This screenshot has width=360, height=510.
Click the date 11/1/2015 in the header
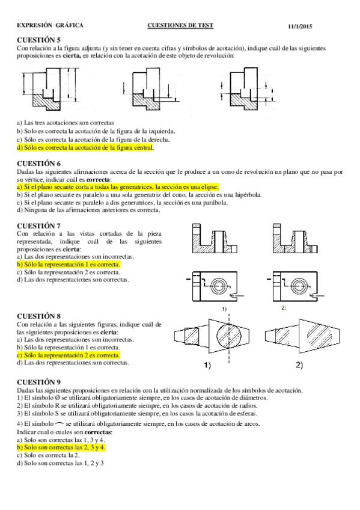pos(300,26)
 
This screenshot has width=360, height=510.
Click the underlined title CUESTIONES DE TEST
pos(180,25)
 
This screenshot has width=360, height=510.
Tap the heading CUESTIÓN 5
pos(38,40)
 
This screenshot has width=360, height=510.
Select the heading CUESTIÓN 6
pos(38,163)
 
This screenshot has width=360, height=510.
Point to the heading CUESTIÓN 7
pos(38,226)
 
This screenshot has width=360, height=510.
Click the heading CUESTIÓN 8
pos(38,316)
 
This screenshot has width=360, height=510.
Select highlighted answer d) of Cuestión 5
pos(85,148)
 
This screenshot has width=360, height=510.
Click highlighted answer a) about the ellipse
pos(118,187)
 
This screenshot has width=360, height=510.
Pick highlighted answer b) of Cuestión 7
pos(69,265)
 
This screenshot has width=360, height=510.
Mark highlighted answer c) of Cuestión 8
pos(69,355)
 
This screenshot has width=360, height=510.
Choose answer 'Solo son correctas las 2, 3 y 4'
pos(61,447)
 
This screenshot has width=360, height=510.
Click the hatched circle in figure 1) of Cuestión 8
pos(230,336)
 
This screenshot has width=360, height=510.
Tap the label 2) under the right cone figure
pos(299,365)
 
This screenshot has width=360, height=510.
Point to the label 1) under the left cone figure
pos(207,366)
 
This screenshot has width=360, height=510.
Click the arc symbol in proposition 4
pos(59,423)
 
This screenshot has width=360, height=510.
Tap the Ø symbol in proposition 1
pos(57,398)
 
